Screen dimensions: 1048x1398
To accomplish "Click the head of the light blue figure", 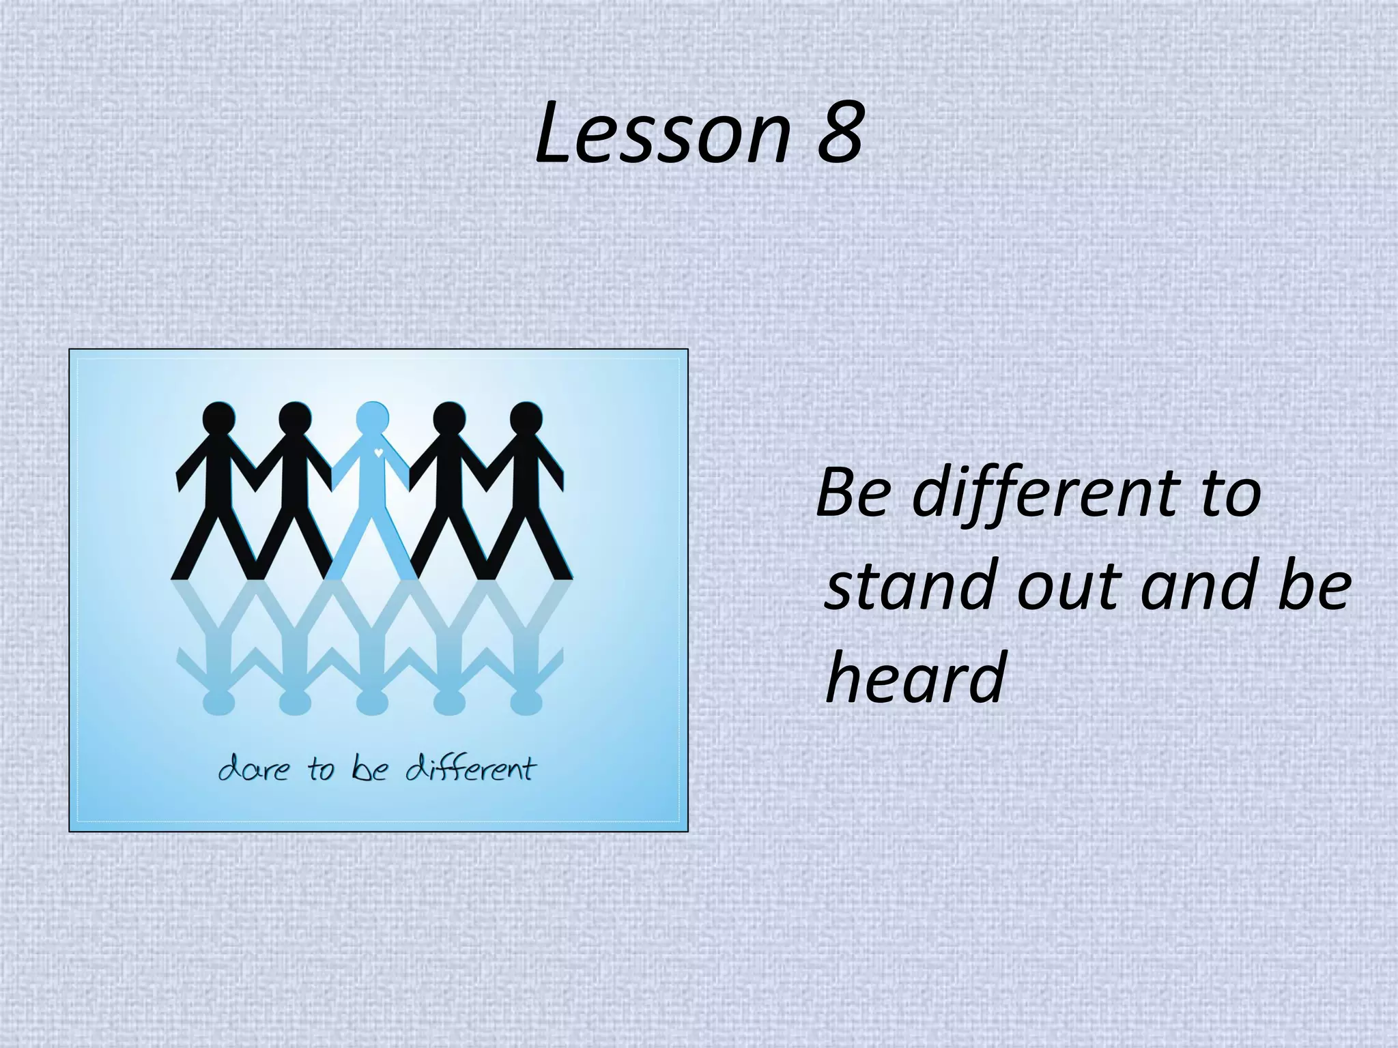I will [372, 418].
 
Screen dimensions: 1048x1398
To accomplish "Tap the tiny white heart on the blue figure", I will [378, 452].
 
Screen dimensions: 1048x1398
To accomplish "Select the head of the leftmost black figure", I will [219, 418].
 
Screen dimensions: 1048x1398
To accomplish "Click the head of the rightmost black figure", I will [526, 418].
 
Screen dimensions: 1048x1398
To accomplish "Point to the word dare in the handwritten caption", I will [253, 770].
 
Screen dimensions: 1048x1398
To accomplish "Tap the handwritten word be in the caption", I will [370, 770].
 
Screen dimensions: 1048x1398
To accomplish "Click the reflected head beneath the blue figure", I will [372, 701].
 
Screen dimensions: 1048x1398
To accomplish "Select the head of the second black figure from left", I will [295, 418].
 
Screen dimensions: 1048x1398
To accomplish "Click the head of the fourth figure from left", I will [449, 418].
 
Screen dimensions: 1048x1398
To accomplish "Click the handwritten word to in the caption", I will [320, 770].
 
